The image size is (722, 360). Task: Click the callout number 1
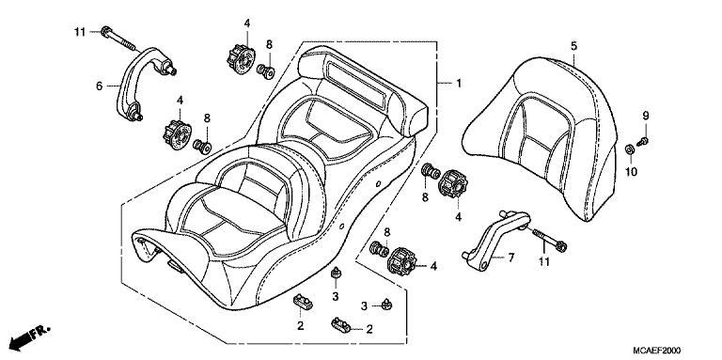coord(459,84)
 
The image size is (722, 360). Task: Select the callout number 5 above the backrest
coord(573,44)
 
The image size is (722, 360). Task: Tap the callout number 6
coord(98,85)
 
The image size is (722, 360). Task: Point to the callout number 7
coord(511,258)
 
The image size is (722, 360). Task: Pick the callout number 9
coord(647,115)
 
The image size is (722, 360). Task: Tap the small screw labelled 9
coord(642,140)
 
